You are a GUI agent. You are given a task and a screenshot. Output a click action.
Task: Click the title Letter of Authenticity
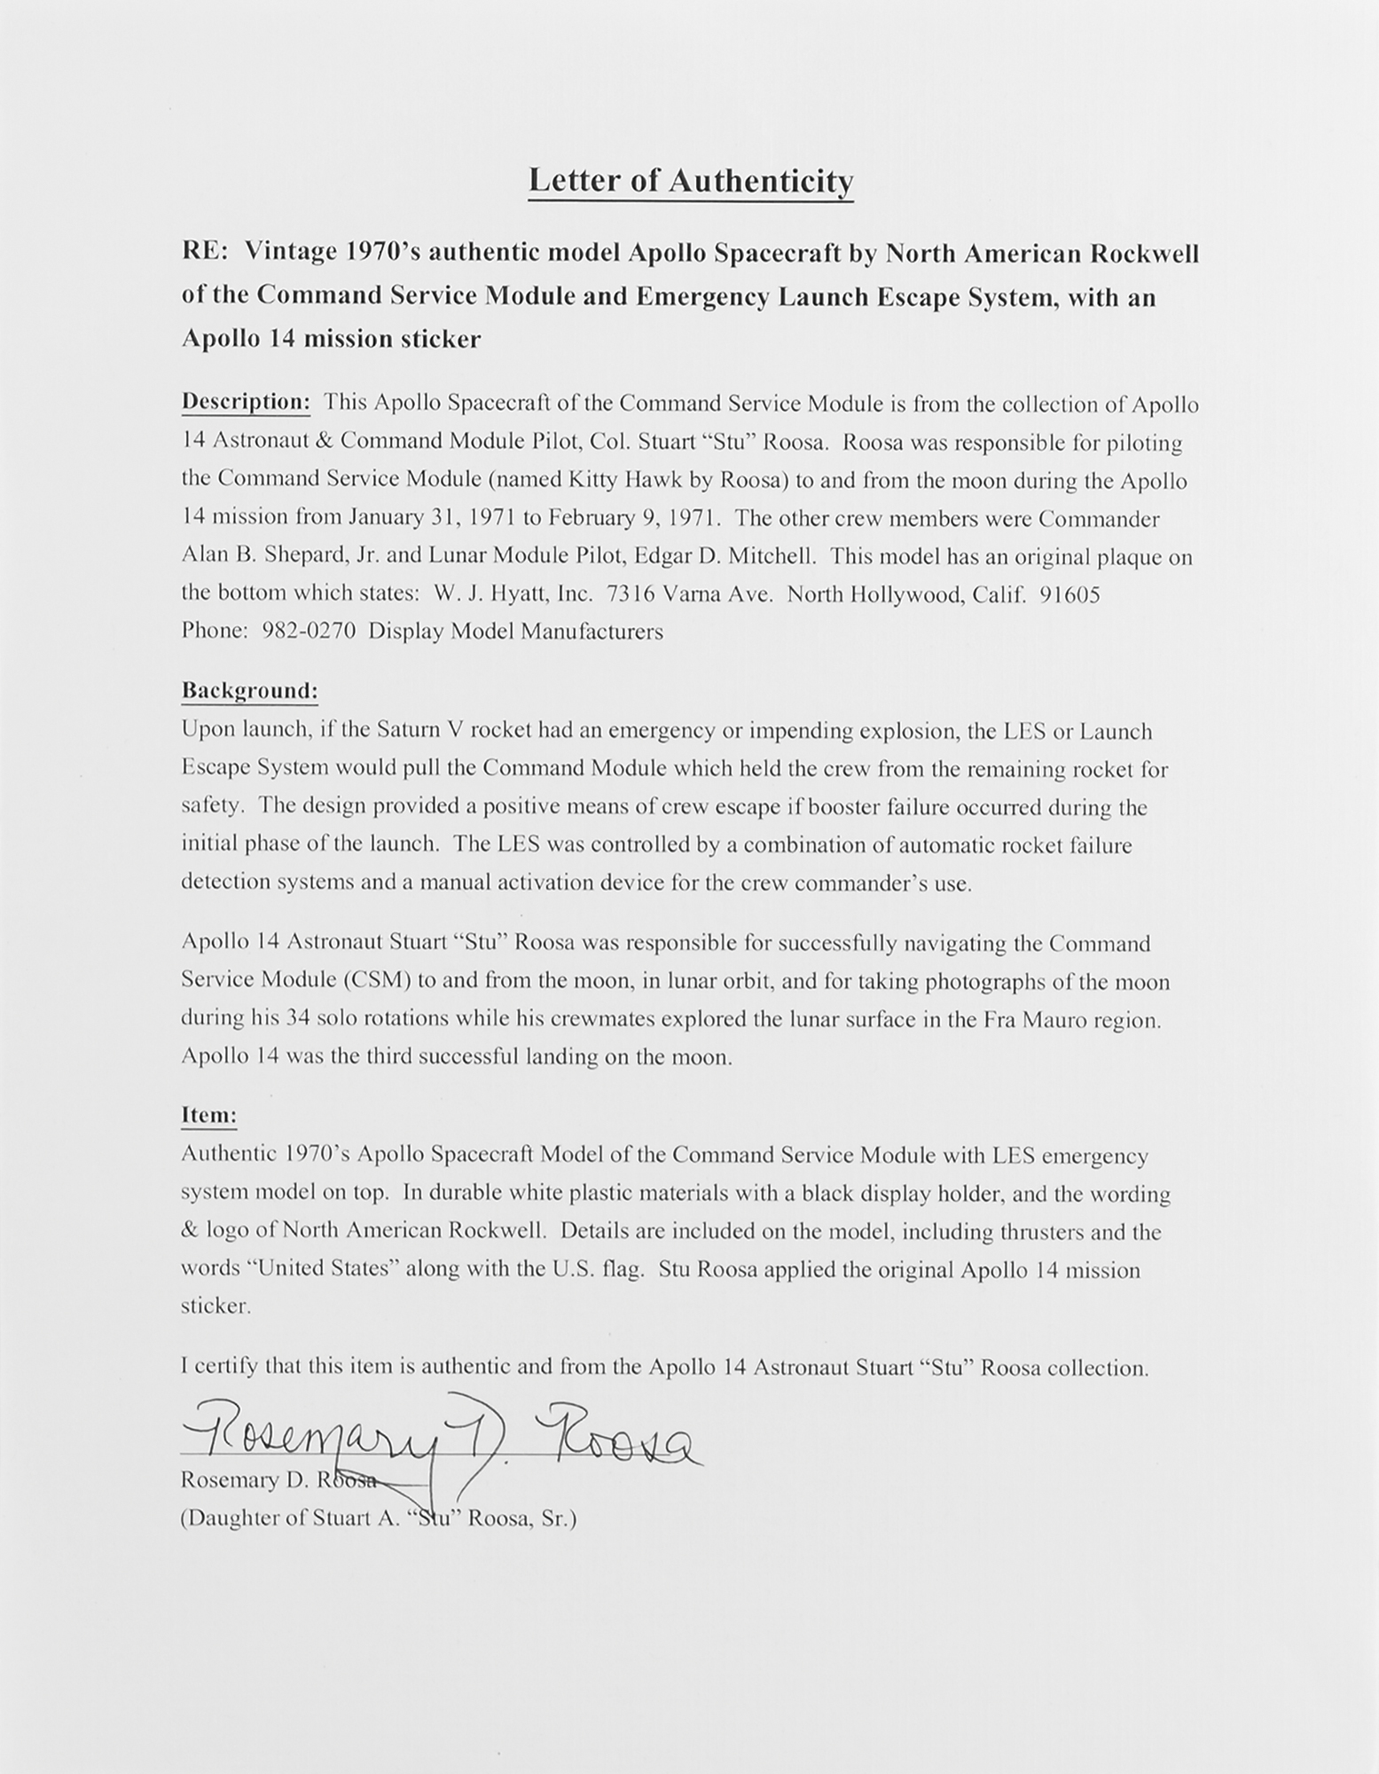click(690, 180)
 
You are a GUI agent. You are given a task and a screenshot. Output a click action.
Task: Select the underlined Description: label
click(246, 403)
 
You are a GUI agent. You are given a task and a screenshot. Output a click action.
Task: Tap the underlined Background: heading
click(249, 690)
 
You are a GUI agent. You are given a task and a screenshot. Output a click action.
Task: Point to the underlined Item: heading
click(208, 1115)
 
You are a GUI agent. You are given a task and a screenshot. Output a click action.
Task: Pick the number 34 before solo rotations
click(297, 1019)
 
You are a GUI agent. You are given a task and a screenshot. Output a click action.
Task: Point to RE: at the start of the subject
click(204, 255)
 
